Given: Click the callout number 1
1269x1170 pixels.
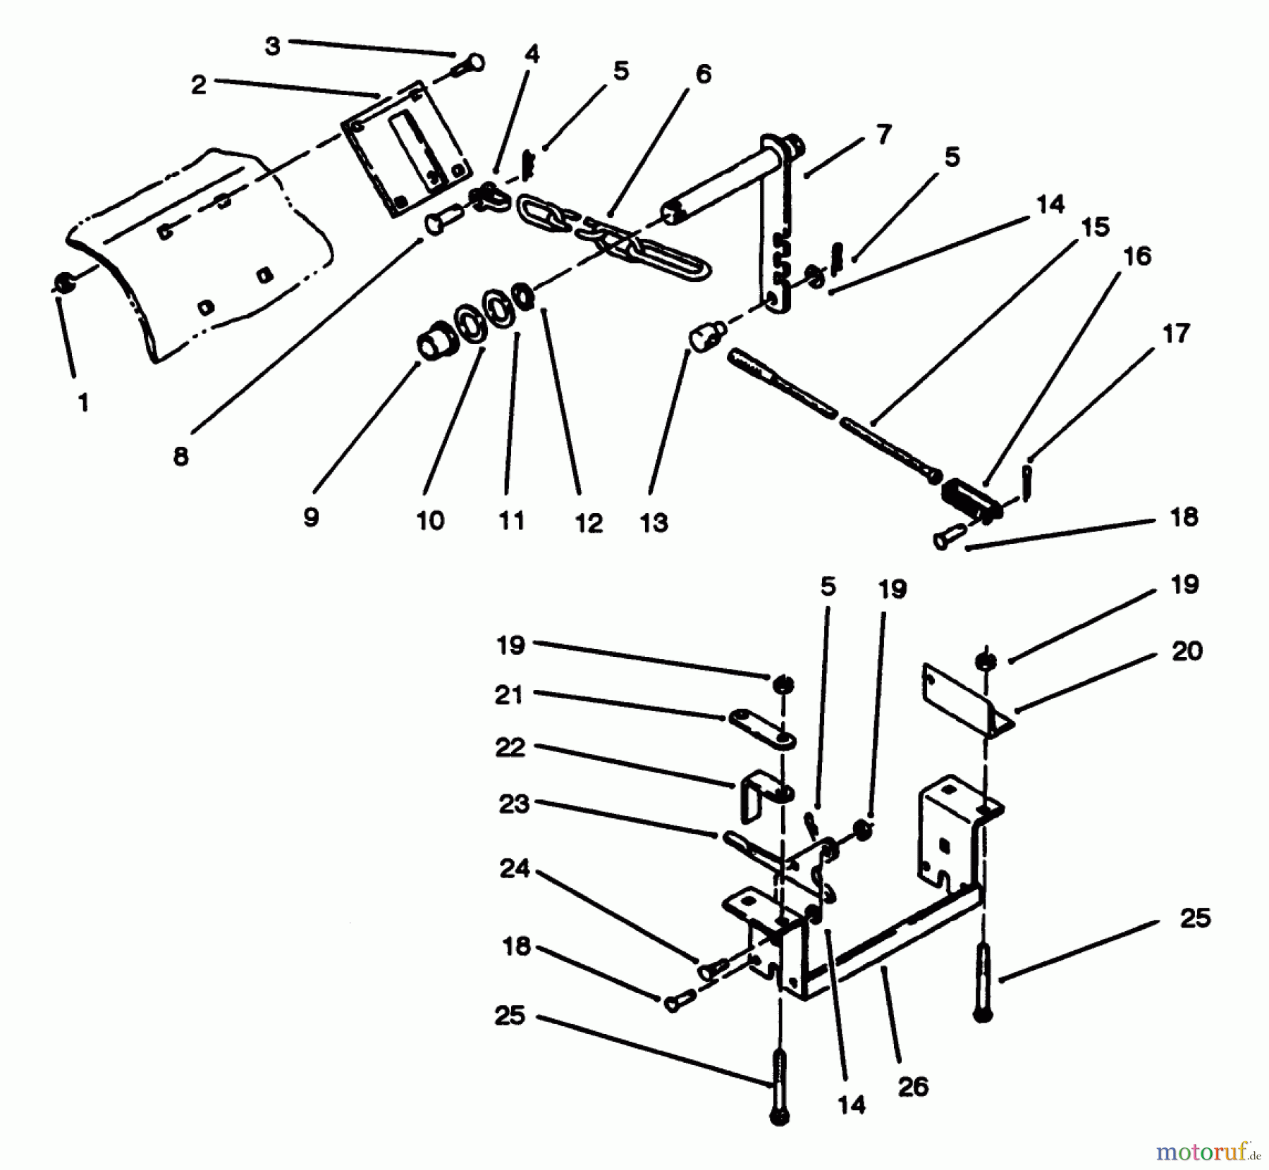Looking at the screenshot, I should click(x=83, y=402).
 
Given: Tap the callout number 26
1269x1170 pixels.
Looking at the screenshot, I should click(x=913, y=1086).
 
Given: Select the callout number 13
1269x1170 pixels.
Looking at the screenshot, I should click(x=654, y=523).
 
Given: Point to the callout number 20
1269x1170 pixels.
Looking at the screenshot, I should click(x=1187, y=651).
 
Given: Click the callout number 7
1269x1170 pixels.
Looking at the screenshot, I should click(x=884, y=133).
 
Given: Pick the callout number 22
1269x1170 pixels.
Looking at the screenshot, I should click(x=510, y=747).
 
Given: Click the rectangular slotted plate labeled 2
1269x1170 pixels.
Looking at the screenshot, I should click(x=405, y=149).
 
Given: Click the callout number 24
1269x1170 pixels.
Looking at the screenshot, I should click(x=514, y=868).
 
